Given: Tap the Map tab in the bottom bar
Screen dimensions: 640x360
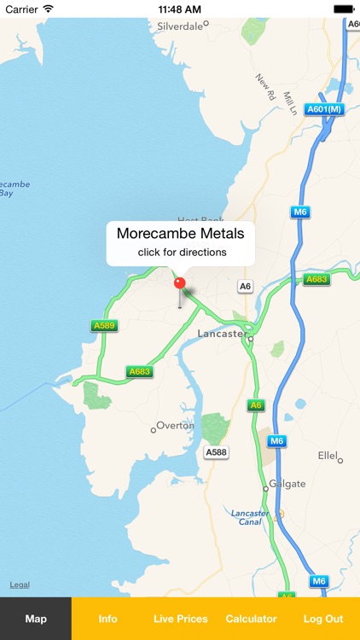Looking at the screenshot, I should click(36, 619).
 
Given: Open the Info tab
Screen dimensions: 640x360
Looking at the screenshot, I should click(107, 619).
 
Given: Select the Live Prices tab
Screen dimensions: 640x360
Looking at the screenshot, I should click(180, 619).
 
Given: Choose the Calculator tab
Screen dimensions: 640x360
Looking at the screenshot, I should click(251, 619).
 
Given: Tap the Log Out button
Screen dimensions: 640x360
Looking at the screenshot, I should click(322, 619).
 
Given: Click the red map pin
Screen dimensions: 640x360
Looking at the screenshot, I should click(179, 283).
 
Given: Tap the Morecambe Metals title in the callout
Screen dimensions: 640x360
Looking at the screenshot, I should click(180, 233).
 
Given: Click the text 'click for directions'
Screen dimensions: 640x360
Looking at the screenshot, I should click(182, 253).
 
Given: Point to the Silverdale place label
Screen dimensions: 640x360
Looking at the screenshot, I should click(181, 26).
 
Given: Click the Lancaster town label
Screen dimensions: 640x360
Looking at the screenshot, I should click(221, 334).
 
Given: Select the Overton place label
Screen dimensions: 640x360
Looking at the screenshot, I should click(175, 425).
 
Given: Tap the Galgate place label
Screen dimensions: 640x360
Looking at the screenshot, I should click(287, 484).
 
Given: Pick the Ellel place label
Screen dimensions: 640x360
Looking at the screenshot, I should click(328, 456).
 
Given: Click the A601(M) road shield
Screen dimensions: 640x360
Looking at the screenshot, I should click(324, 109).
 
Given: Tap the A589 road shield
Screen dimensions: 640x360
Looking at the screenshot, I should click(103, 325).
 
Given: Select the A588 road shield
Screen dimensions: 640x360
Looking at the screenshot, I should click(216, 451).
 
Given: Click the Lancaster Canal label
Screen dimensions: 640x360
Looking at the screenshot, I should click(249, 518).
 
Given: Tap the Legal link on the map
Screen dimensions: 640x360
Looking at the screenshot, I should click(20, 585).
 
